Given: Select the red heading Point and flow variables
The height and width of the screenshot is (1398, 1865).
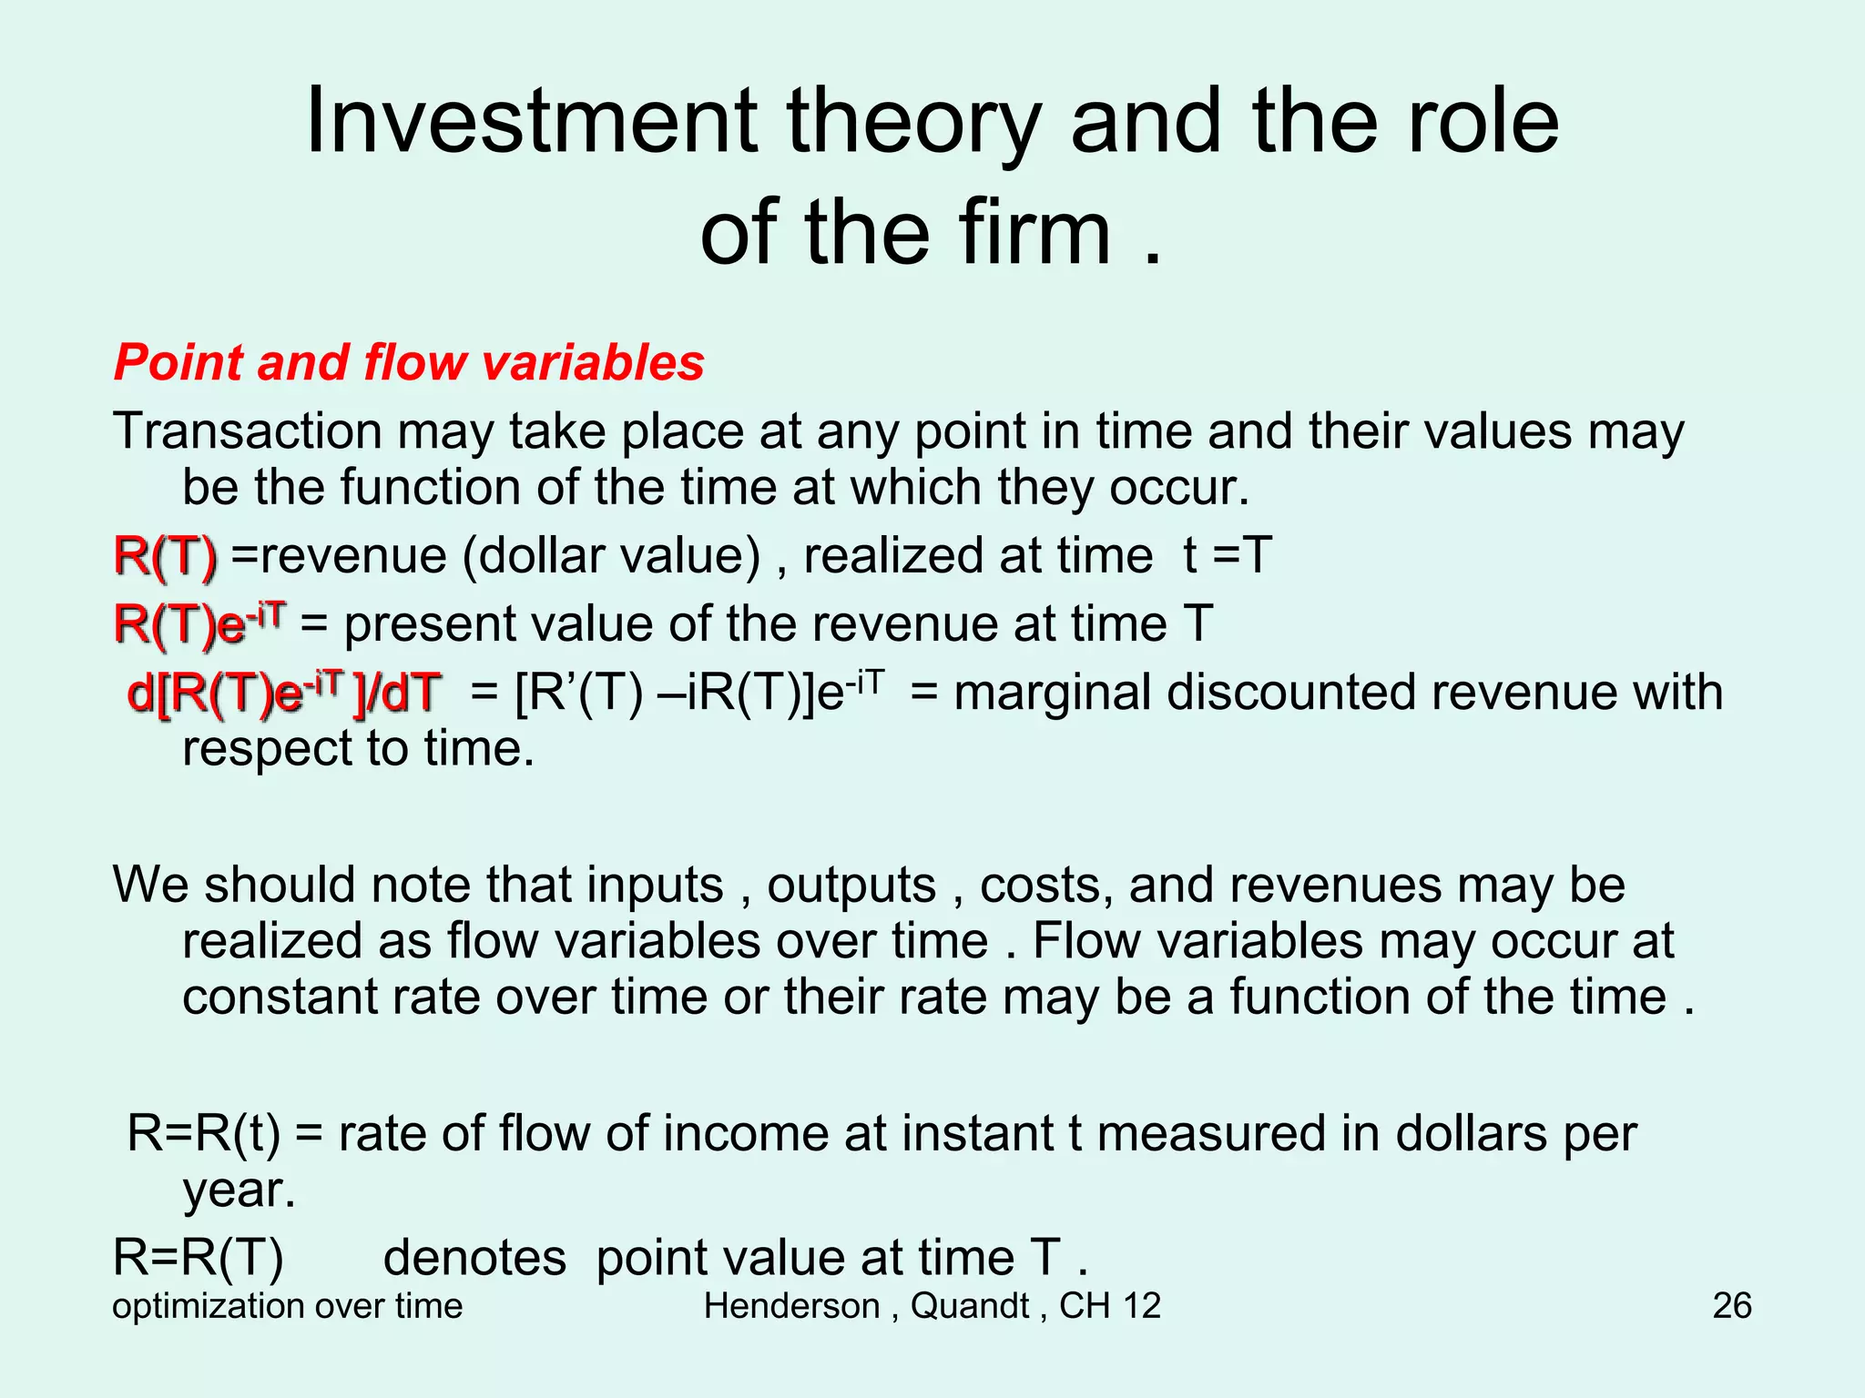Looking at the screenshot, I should (x=409, y=362).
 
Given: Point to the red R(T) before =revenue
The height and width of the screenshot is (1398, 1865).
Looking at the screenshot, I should (x=166, y=556).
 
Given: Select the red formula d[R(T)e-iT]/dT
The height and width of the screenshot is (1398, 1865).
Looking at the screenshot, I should (x=284, y=693).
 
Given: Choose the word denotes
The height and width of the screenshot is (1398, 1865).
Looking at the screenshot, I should (x=474, y=1259).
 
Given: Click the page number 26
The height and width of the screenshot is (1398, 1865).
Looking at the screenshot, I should (x=1731, y=1306).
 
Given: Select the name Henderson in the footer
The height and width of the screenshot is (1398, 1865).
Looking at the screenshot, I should (x=790, y=1306).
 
